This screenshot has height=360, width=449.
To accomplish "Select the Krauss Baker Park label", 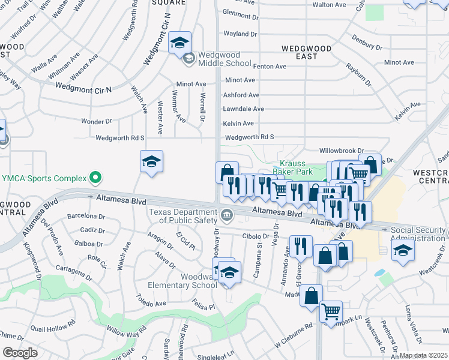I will click(294, 167).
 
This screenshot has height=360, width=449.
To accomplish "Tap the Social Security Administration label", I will click(419, 234).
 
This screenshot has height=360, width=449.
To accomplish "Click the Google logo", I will click(20, 353).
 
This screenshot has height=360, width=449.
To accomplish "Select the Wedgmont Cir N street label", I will click(83, 87).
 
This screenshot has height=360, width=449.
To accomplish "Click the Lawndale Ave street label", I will click(244, 109).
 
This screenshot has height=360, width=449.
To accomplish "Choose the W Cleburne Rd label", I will click(294, 337).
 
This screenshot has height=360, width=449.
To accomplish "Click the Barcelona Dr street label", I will click(82, 216).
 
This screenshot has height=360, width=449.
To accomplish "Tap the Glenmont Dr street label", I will click(240, 12).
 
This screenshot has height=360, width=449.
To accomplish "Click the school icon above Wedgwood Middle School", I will click(179, 43).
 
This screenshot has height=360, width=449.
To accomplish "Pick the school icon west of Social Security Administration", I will click(403, 250).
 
